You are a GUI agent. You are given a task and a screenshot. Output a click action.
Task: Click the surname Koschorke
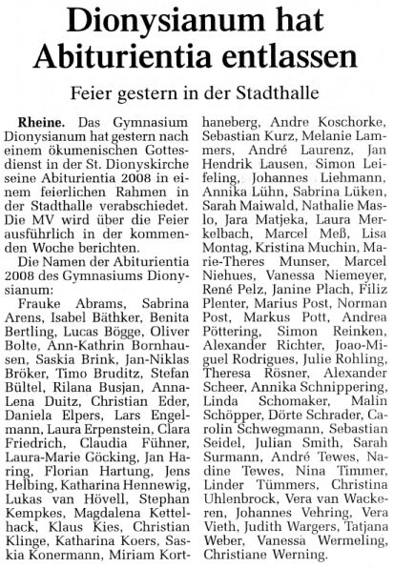(x=340, y=124)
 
